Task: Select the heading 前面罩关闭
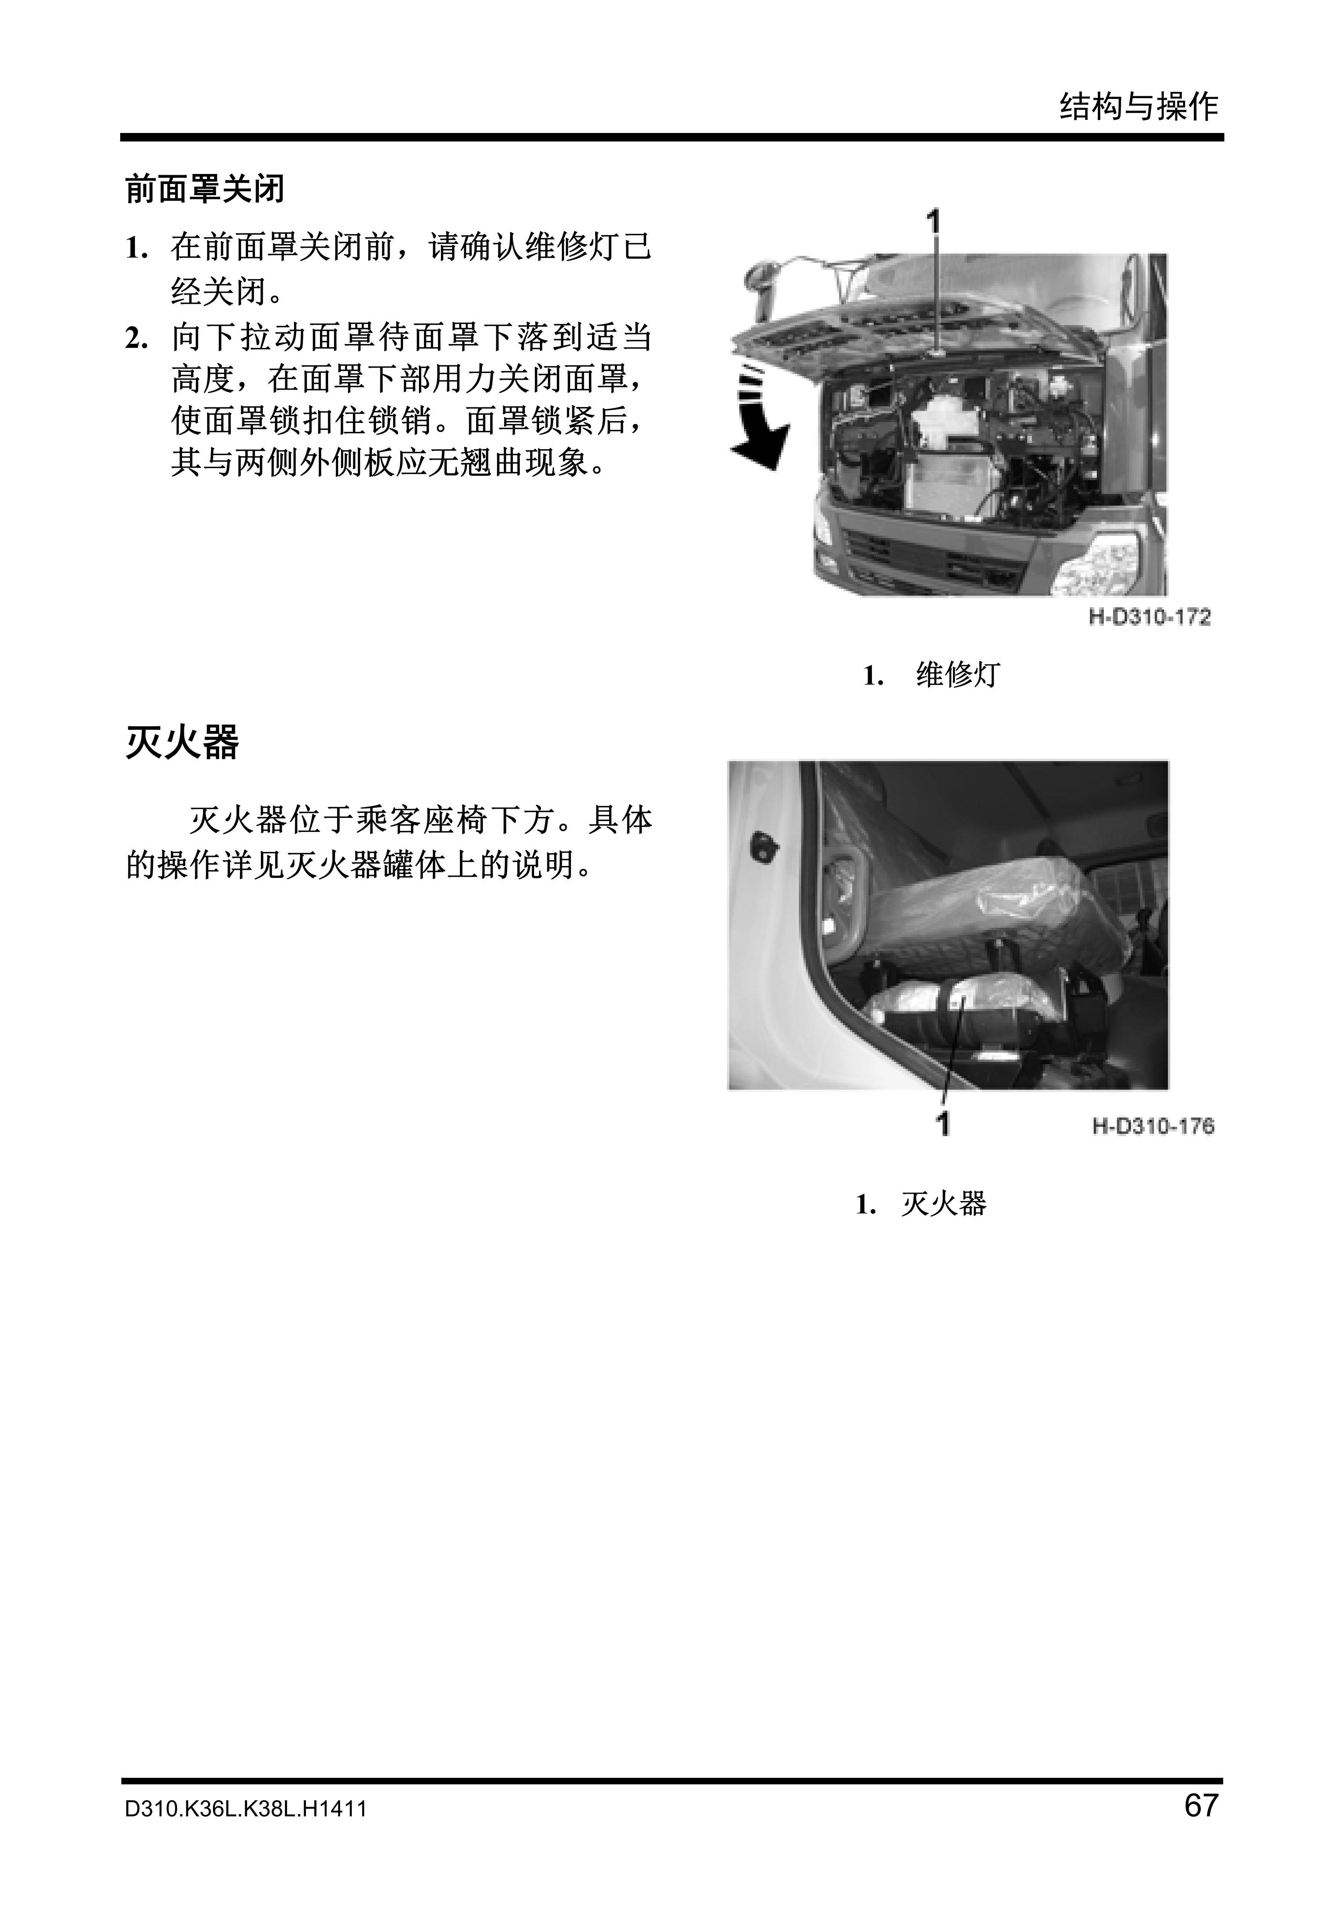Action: (204, 189)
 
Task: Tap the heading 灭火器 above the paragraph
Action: (182, 742)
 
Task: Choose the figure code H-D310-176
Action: (1153, 1126)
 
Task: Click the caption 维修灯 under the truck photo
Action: (957, 675)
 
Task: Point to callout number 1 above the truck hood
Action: (935, 222)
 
